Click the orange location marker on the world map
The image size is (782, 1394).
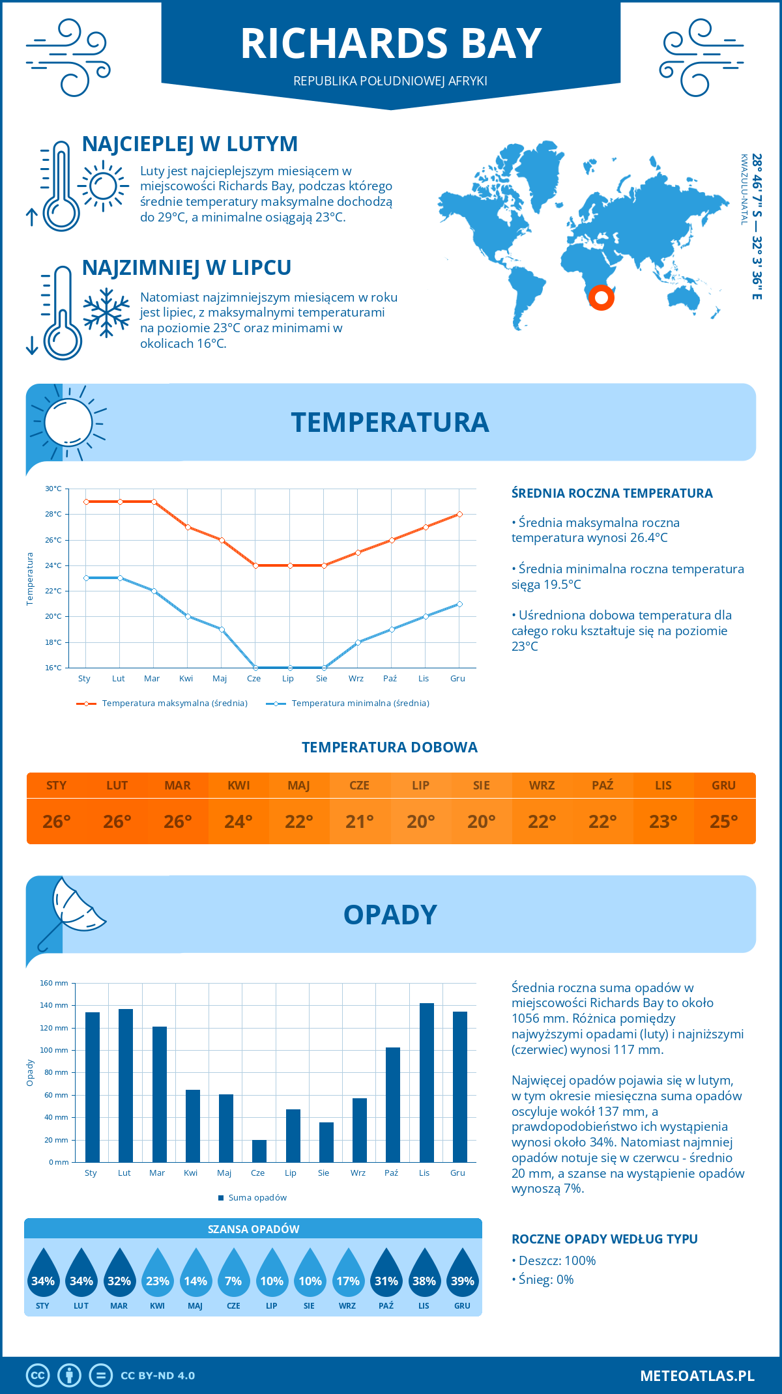(601, 298)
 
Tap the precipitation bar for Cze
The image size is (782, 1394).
(259, 1150)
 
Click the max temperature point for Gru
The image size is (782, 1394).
(459, 514)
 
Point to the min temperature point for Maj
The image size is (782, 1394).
(222, 629)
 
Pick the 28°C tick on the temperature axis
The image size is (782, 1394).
(53, 514)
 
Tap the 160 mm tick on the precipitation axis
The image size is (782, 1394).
(54, 983)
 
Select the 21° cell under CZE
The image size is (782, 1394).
(360, 821)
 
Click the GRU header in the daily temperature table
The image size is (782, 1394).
(723, 785)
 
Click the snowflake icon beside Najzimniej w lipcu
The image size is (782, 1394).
(106, 313)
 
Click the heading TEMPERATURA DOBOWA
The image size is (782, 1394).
(390, 747)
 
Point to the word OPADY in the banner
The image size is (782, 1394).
(390, 915)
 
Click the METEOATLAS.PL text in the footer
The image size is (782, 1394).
(697, 1375)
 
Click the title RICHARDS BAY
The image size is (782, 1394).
(391, 44)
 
